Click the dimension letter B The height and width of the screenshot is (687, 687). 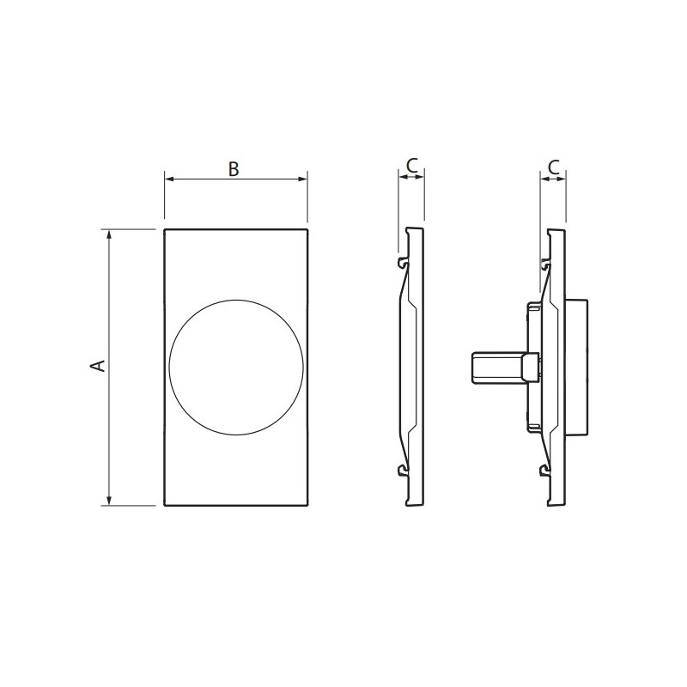(x=234, y=168)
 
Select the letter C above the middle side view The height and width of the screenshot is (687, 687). (x=412, y=165)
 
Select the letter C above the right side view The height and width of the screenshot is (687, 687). (x=554, y=166)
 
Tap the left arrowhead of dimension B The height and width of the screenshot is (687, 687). (x=169, y=179)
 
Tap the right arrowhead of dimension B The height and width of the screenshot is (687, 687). (x=302, y=179)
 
